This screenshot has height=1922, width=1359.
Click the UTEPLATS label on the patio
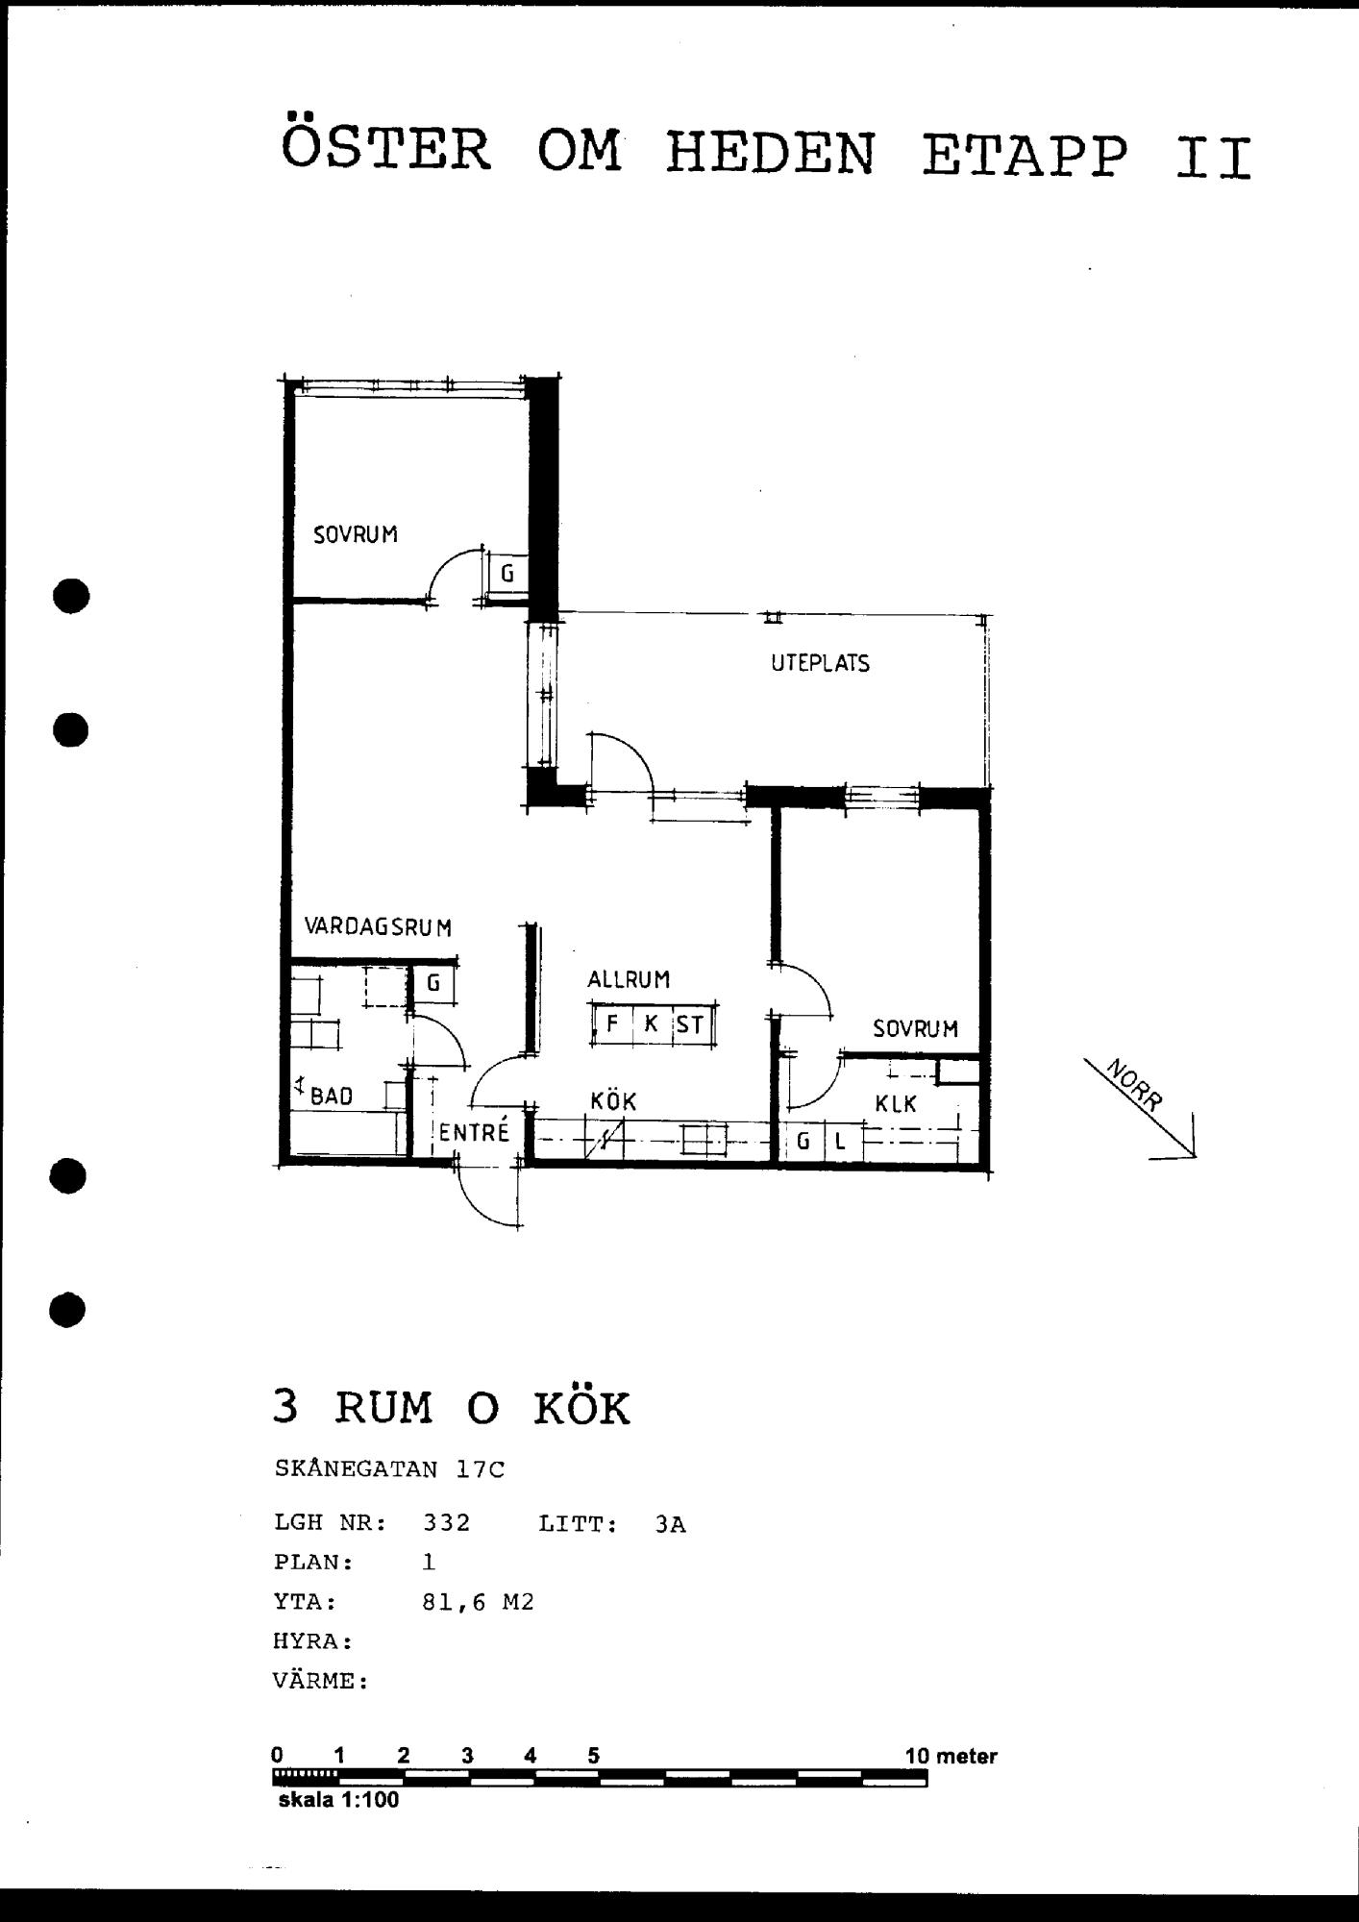coord(820,663)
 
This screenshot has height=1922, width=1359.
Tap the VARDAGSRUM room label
coord(378,927)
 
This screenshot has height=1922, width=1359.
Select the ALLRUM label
coord(629,979)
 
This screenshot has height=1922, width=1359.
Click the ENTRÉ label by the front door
coord(474,1131)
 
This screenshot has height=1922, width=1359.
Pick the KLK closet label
coord(896,1104)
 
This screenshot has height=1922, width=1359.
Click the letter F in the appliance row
coord(612,1024)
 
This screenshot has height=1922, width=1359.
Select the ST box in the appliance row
coord(689,1024)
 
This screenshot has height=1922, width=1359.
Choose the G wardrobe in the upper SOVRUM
coord(507,574)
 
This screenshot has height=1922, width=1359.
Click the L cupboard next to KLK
coord(840,1142)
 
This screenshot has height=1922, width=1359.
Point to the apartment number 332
coord(447,1523)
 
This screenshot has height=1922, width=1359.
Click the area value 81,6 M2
coord(478,1602)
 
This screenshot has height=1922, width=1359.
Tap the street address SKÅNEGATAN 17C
coord(389,1469)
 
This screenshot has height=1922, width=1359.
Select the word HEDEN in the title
coord(770,154)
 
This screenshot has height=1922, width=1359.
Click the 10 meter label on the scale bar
coord(951,1756)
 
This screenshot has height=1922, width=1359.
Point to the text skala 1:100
coord(338,1800)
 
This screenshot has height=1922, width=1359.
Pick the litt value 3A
coord(671,1524)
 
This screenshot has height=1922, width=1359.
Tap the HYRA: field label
coord(313,1641)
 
